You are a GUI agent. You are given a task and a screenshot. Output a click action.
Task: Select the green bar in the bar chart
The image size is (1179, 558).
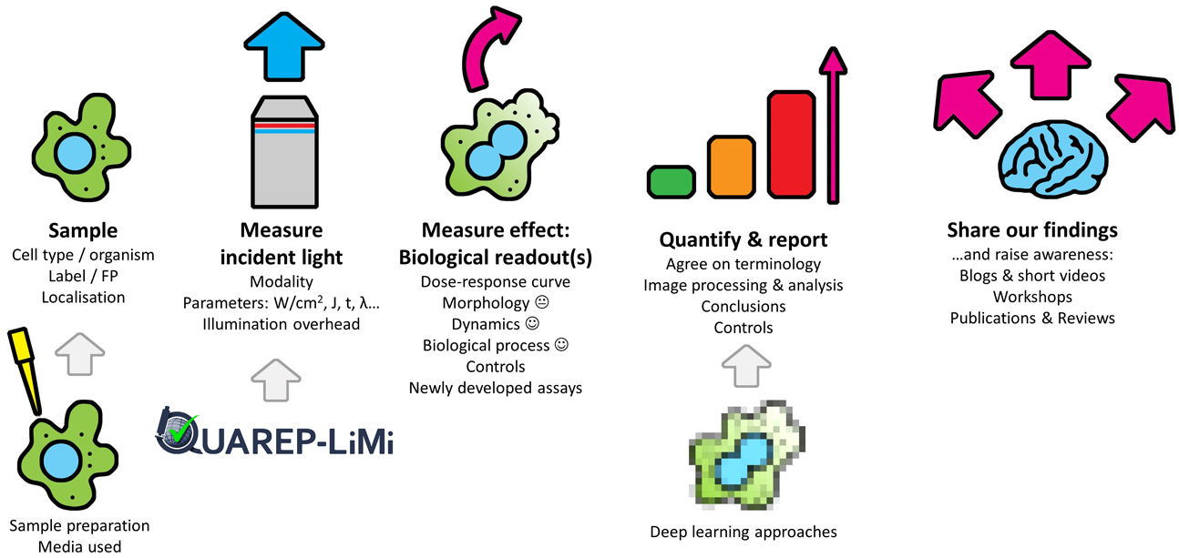point(672,181)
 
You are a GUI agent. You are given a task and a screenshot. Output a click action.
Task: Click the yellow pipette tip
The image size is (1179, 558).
point(26,364)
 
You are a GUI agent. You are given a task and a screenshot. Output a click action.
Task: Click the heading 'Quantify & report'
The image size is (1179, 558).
point(743,240)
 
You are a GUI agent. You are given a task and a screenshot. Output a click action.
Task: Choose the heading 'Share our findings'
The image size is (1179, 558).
point(1032,229)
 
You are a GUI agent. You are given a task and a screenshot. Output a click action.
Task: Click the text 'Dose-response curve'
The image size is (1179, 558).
point(496,282)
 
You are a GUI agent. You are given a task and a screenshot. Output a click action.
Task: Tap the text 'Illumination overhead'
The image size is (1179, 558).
point(282,323)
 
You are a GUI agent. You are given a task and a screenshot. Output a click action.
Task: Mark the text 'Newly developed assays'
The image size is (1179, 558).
point(496,388)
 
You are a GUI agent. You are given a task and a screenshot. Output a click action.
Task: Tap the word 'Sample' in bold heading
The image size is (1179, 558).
point(83,230)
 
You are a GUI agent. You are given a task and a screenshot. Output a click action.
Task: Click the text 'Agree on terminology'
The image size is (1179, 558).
point(743,264)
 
